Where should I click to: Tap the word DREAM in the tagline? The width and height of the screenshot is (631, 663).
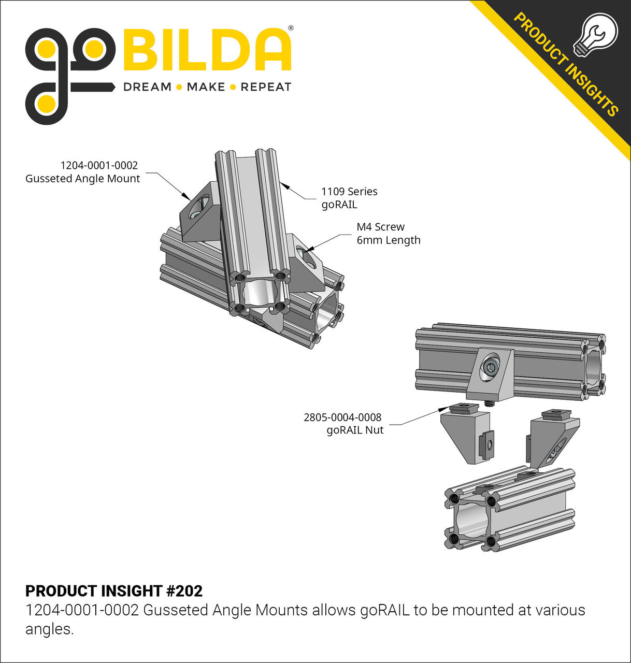click(147, 87)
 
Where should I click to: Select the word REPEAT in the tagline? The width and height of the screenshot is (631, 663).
click(266, 87)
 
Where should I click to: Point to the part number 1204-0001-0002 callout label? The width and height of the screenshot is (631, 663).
click(99, 165)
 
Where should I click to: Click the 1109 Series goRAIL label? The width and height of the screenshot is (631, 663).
click(349, 197)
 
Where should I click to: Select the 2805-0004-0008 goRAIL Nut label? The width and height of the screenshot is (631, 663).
click(343, 423)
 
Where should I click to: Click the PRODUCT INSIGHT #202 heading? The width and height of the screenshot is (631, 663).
click(114, 591)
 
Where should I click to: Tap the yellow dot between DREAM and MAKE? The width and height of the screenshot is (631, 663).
click(179, 87)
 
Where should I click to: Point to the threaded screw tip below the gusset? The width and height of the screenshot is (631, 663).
click(488, 402)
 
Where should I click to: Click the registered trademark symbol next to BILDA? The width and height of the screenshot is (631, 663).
click(290, 28)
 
